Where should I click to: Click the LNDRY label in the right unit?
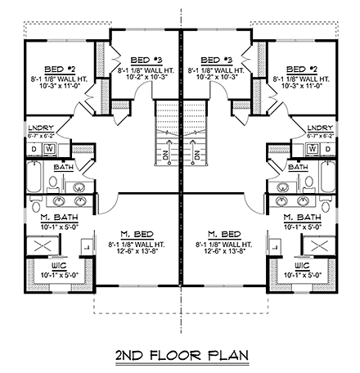pyautogui.click(x=321, y=128)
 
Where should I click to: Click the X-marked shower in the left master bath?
pyautogui.click(x=42, y=244)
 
